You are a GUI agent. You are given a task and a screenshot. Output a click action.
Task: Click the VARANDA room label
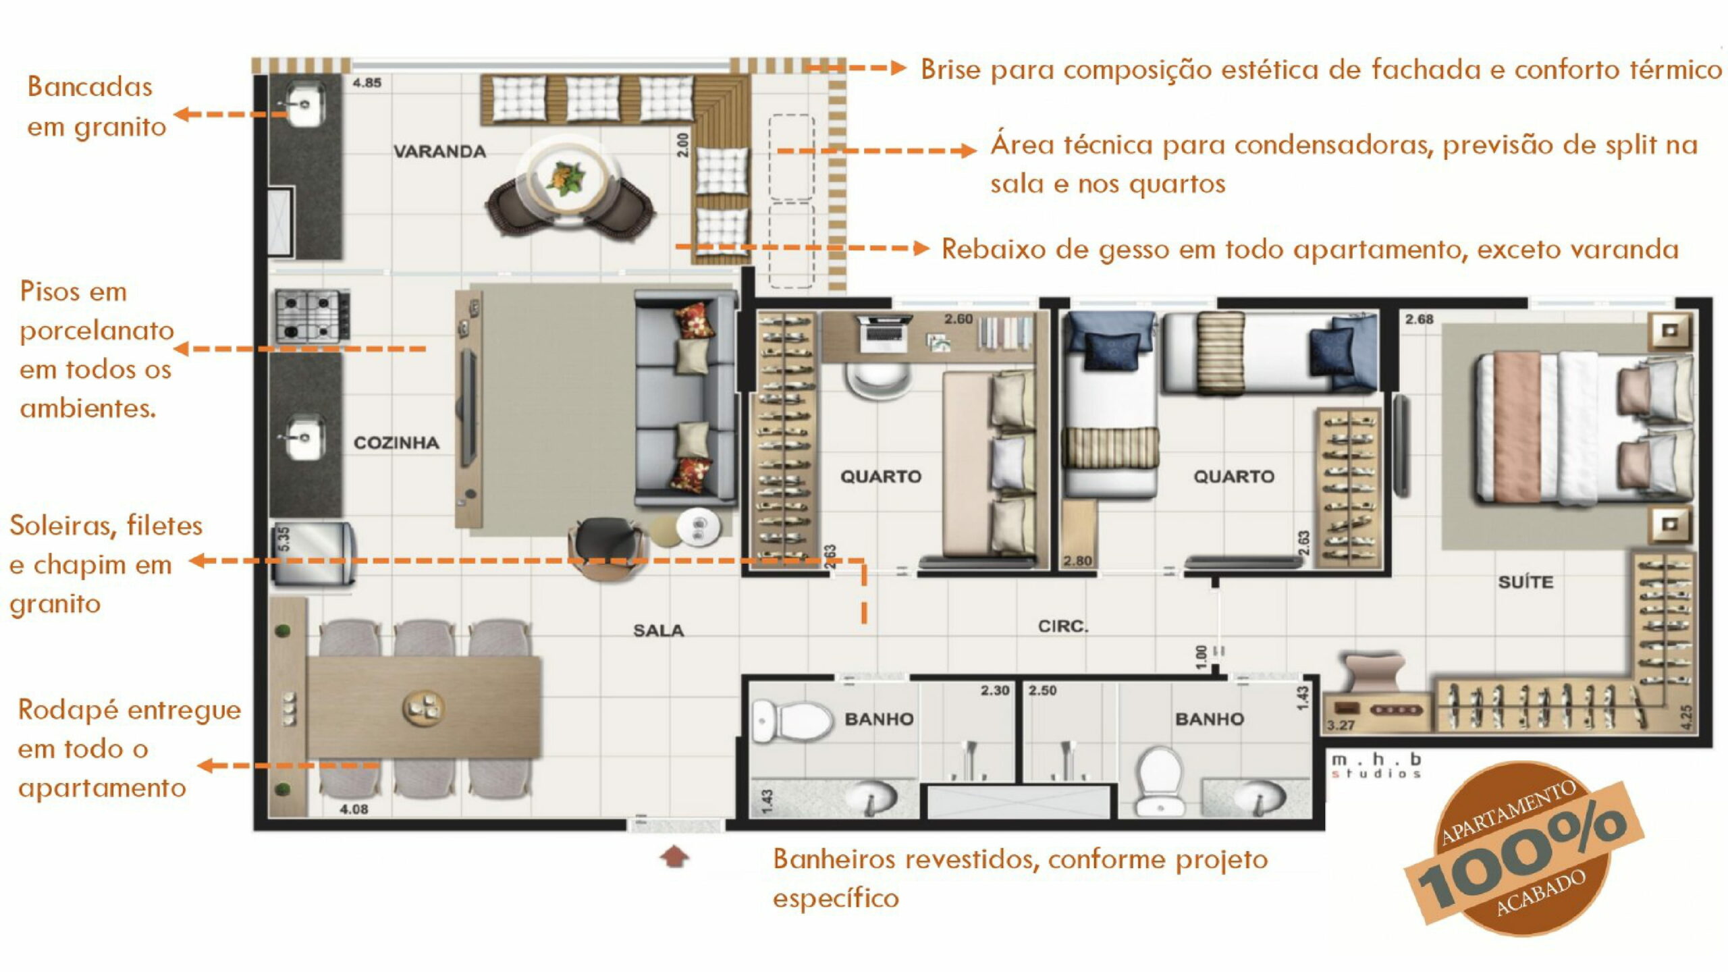[439, 151]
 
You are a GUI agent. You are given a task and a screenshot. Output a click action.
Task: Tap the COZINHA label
[396, 443]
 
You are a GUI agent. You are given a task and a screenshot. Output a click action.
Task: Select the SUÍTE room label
[1525, 581]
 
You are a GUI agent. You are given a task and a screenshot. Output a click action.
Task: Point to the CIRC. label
[1063, 626]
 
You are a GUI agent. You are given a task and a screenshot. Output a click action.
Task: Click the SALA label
[658, 630]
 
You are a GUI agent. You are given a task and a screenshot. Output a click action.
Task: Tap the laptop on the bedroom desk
[882, 333]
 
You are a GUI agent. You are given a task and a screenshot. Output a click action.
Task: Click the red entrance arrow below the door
[674, 857]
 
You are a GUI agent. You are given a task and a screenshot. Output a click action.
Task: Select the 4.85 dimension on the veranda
[367, 83]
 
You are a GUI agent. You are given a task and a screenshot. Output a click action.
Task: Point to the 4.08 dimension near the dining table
[354, 809]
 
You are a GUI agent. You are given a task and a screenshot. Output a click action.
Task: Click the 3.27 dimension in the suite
[1341, 726]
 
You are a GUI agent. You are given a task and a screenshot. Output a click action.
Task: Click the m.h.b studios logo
[1376, 765]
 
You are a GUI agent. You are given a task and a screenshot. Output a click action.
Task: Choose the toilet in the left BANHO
[792, 721]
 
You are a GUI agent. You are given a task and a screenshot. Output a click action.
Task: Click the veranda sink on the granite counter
[304, 103]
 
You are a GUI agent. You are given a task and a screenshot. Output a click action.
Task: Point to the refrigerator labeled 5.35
[313, 553]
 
